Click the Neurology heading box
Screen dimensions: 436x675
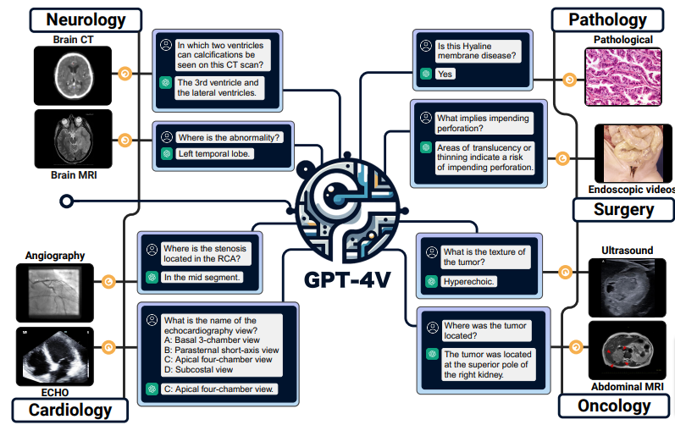pos(86,19)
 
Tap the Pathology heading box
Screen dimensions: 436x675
pos(607,19)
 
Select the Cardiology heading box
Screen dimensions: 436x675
pos(70,410)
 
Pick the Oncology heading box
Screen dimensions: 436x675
pos(612,406)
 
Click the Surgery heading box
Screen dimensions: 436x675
pos(623,208)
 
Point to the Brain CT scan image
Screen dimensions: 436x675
pos(73,75)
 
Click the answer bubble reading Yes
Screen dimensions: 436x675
pos(445,75)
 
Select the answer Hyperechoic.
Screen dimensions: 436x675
pos(468,281)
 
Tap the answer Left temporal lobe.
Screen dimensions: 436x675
pos(215,153)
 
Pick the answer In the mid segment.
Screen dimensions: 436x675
pos(202,277)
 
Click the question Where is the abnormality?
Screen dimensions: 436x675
pos(229,136)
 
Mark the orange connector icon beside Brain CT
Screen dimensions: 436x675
pos(125,75)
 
